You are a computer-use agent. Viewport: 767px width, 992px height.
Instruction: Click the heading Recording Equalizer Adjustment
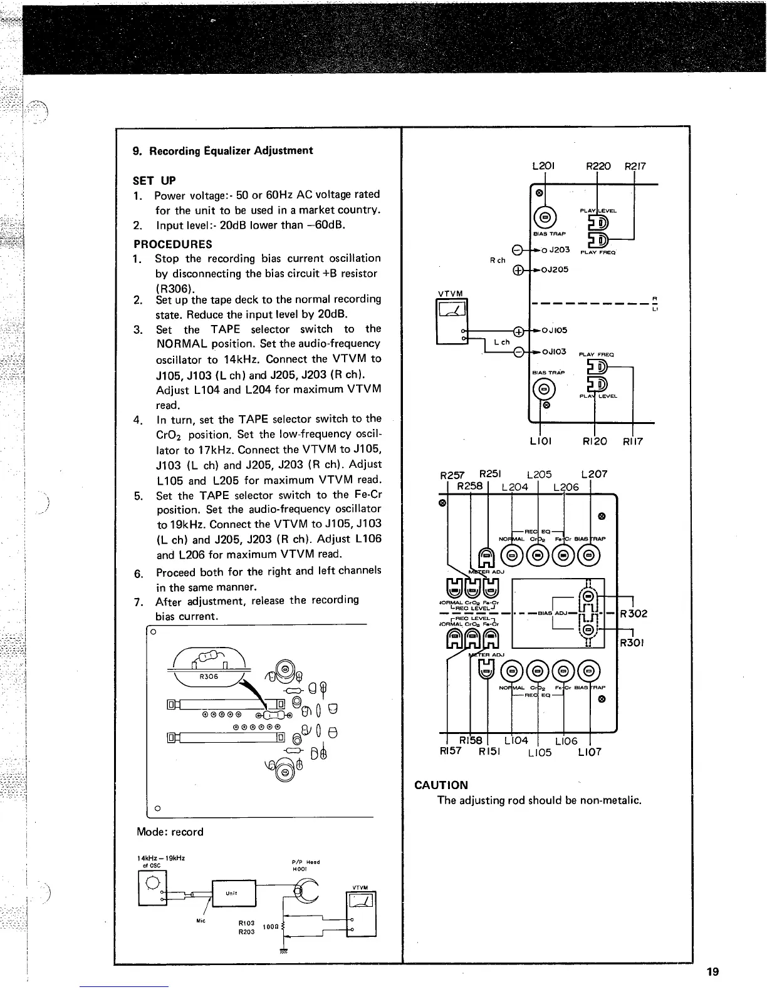(x=222, y=151)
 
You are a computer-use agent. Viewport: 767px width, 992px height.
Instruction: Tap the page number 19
(x=712, y=972)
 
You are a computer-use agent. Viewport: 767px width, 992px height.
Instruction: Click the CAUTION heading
(x=441, y=785)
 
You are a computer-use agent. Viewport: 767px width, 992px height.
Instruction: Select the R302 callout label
(x=633, y=614)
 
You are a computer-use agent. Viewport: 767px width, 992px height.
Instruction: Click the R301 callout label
(x=633, y=643)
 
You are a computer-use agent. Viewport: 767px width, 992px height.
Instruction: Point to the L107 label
(x=589, y=752)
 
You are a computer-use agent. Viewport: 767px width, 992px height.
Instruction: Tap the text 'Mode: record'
(x=170, y=832)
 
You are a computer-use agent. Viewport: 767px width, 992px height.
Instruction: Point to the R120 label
(x=594, y=442)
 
